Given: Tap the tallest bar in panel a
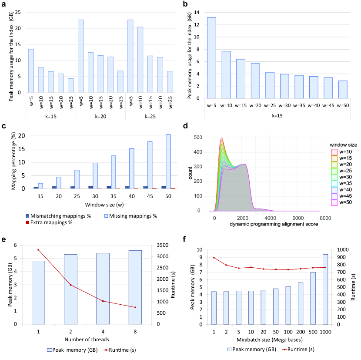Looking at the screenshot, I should click(80, 55).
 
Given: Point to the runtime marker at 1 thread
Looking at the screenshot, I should click(38, 249).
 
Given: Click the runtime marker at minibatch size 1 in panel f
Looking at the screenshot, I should click(214, 257).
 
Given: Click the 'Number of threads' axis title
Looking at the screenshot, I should click(87, 339).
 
